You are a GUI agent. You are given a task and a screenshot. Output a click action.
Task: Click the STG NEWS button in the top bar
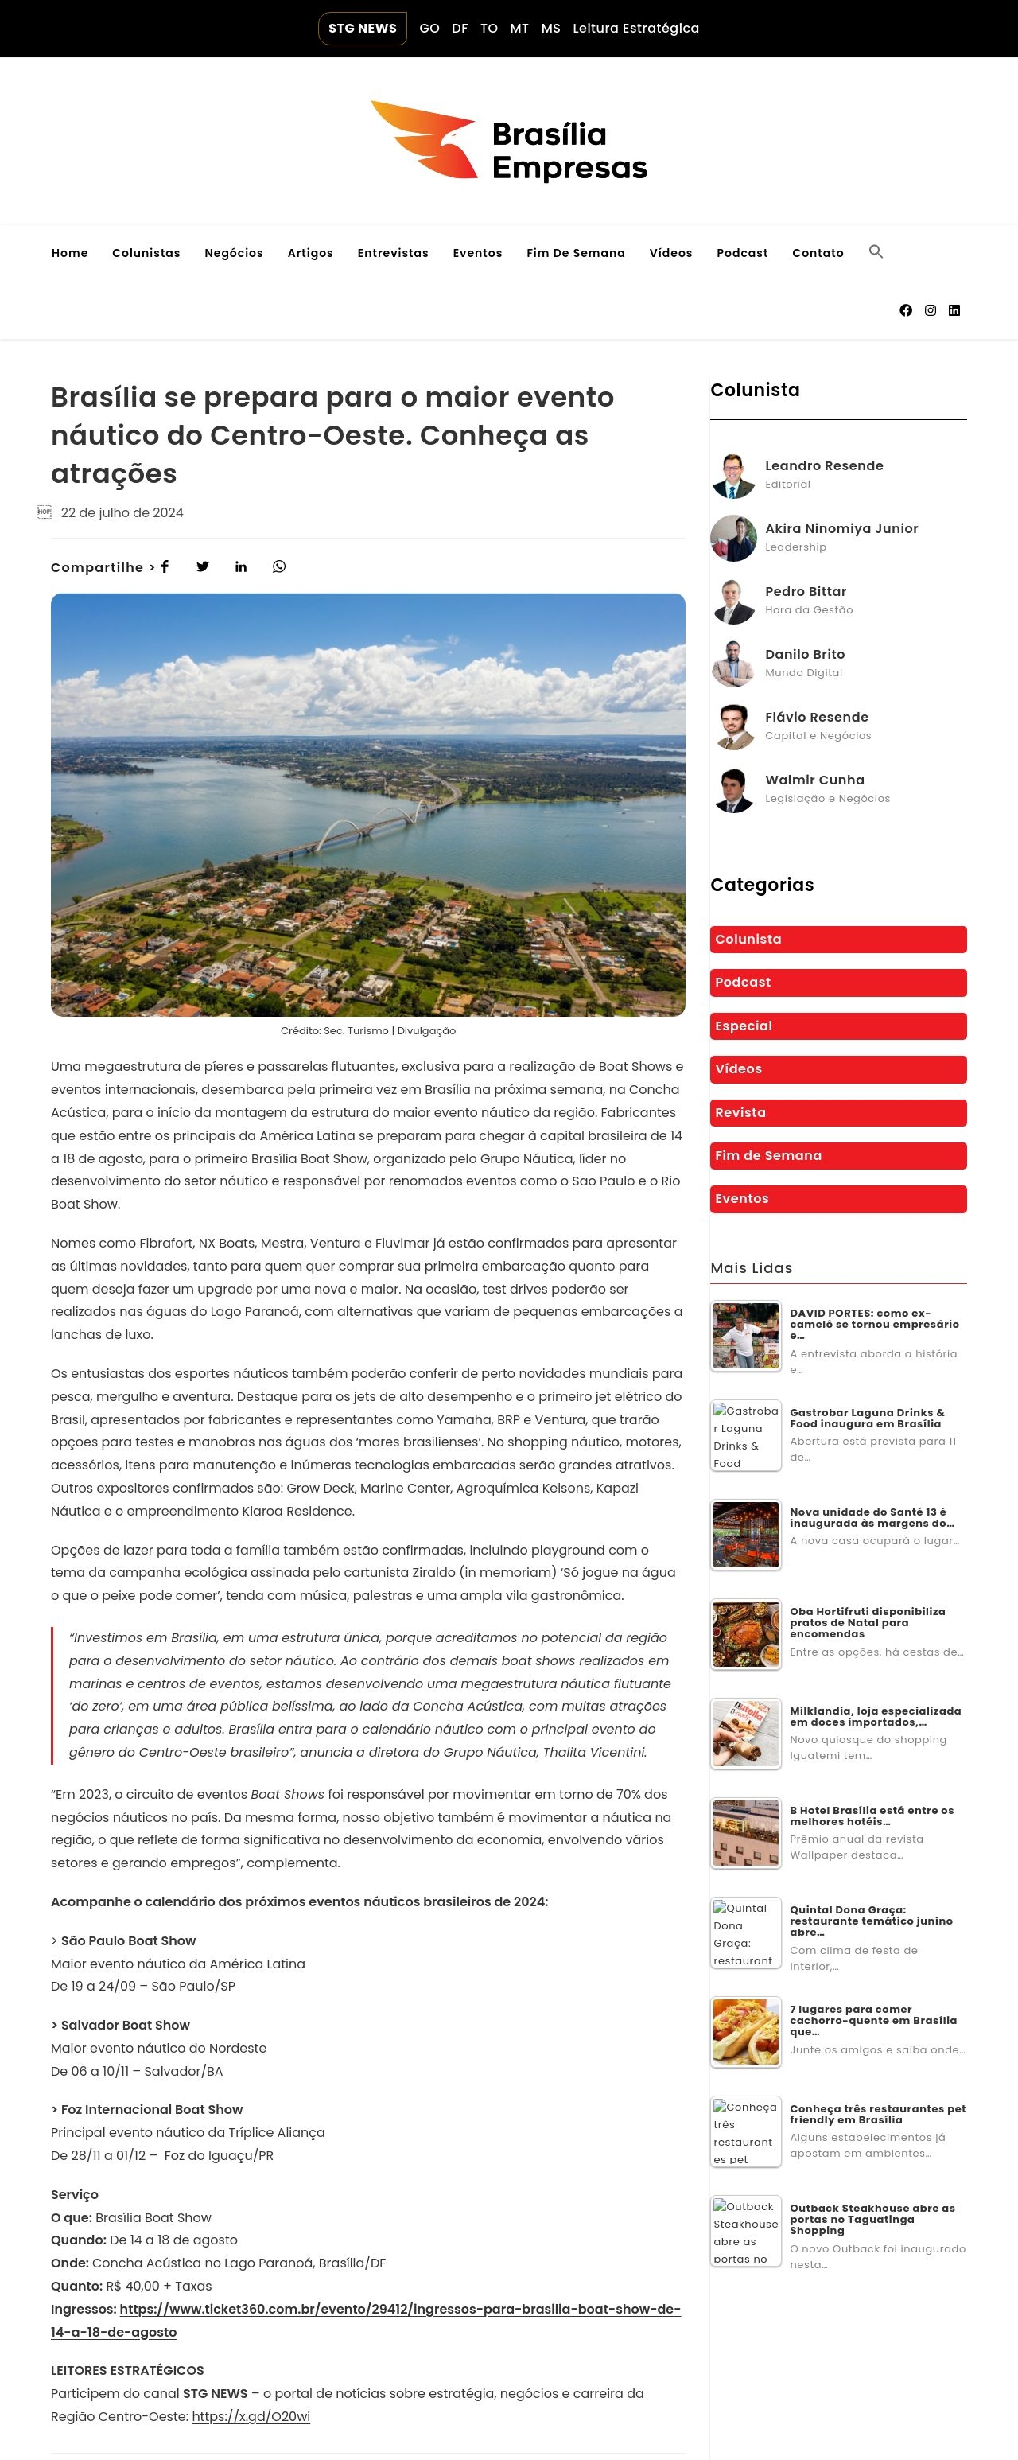(362, 29)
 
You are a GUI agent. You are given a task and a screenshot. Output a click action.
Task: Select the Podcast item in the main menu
(742, 253)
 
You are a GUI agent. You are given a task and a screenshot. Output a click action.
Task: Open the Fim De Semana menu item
(575, 253)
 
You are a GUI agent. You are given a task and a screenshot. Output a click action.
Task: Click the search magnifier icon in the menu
(876, 252)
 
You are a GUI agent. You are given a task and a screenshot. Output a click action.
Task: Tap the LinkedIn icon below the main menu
(954, 310)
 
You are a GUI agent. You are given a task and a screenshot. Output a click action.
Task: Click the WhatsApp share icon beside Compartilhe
(279, 566)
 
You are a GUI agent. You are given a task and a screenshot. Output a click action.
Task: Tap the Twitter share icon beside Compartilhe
(203, 566)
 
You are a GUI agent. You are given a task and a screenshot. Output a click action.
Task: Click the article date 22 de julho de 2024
(122, 513)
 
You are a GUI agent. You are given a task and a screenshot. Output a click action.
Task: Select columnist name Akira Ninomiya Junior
(841, 528)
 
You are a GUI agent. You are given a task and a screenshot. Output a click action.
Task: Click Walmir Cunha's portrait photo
(733, 790)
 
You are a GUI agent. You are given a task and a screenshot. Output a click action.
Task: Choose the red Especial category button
(837, 1026)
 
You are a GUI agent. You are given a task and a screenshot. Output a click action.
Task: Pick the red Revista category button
(837, 1112)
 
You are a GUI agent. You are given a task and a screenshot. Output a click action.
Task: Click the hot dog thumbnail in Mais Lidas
(746, 2031)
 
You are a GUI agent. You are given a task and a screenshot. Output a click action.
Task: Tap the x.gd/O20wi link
(251, 2416)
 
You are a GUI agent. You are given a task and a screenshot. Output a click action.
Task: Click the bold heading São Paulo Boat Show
(128, 1940)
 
